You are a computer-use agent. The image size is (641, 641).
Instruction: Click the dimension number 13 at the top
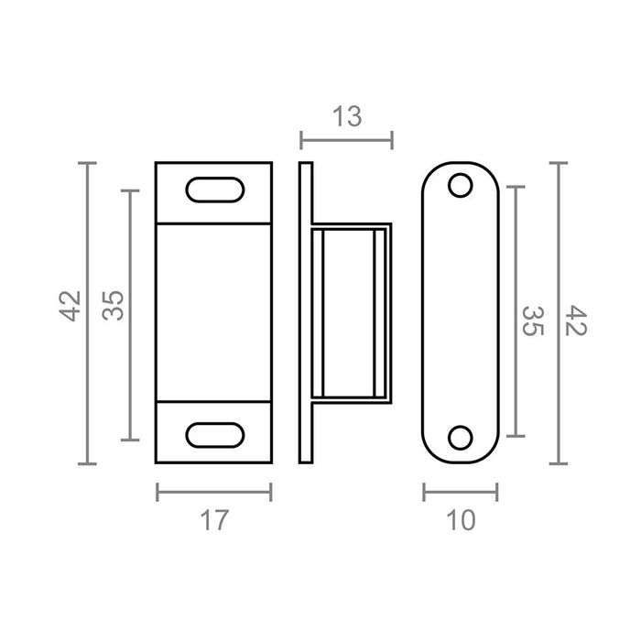347,116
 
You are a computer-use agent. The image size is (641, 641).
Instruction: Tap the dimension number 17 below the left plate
214,520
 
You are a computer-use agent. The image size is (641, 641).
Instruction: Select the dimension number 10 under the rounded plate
461,520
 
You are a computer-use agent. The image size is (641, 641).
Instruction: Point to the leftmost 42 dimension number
70,306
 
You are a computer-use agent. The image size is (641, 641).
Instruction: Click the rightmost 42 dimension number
576,320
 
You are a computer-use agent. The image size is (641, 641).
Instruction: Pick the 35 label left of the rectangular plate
113,305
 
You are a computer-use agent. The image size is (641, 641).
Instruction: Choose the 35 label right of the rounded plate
533,320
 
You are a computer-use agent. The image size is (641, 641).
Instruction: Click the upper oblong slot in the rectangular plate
215,190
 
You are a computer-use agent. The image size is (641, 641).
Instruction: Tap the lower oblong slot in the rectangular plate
215,435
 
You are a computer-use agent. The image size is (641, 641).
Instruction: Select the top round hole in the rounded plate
461,185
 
